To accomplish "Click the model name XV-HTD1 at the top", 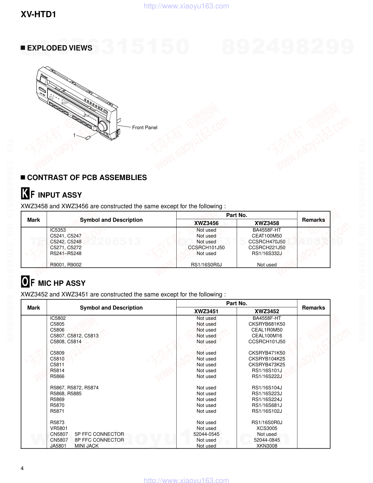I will click(38, 15).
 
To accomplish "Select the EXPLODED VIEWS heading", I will click(60, 48).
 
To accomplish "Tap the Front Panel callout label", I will click(145, 127).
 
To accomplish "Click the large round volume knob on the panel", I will click(103, 126).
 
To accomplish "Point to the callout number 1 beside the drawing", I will click(74, 135).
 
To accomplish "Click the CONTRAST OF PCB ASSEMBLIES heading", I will click(87, 177).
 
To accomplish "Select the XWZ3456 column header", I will click(206, 223).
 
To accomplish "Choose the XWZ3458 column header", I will click(267, 223).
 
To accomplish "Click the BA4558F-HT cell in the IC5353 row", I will click(267, 230).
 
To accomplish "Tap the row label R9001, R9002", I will click(66, 265).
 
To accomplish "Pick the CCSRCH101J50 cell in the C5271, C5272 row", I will click(206, 247).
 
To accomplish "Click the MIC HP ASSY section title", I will click(61, 283).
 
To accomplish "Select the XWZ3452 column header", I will click(267, 311).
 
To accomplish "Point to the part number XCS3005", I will click(267, 428).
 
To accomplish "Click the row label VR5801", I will click(59, 428).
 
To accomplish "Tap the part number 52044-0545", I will click(206, 434).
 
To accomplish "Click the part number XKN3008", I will click(267, 446).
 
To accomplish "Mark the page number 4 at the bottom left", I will click(22, 469).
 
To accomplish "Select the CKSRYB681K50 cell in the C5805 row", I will click(267, 324).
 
